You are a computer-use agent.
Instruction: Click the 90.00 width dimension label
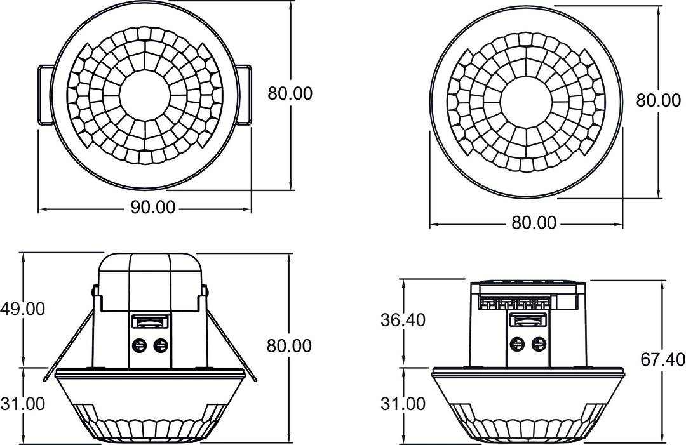(152, 208)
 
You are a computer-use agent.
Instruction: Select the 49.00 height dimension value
(22, 309)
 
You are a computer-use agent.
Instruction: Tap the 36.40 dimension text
(403, 320)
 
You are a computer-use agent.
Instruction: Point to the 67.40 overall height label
(662, 360)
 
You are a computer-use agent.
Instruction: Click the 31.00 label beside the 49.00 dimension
(22, 403)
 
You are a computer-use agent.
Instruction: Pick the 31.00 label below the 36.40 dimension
(403, 403)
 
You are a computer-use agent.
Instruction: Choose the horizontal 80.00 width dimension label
(534, 223)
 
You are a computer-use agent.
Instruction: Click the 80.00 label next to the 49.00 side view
(290, 346)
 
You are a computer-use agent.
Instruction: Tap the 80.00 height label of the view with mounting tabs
(290, 93)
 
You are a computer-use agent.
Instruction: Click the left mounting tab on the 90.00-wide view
(44, 94)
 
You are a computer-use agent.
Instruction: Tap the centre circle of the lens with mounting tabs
(145, 96)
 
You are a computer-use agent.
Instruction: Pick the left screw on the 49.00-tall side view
(139, 345)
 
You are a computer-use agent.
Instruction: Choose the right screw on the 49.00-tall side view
(161, 345)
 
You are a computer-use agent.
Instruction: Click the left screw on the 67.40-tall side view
(518, 344)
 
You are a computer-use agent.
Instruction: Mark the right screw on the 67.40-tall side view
(539, 344)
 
